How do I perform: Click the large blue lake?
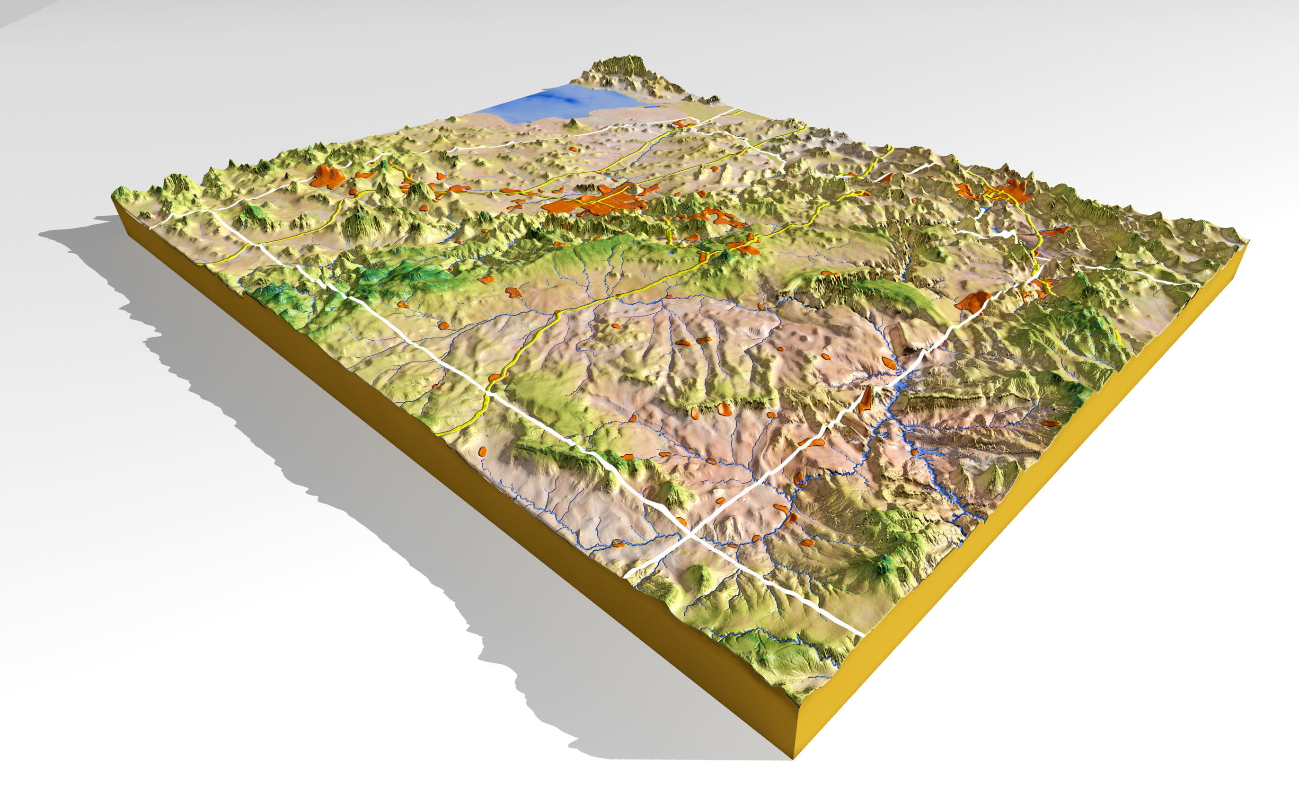[558, 105]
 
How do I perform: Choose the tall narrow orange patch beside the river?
[865, 400]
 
